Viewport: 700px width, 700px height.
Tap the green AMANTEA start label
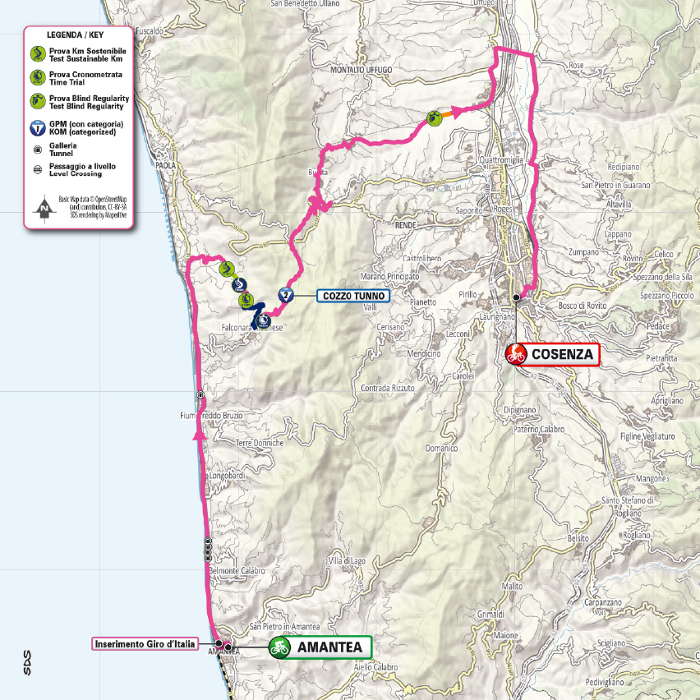click(329, 647)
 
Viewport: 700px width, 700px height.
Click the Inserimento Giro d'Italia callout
click(145, 644)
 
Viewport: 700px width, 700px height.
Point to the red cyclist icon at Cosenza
click(517, 355)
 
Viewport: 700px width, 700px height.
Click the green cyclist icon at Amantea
click(281, 647)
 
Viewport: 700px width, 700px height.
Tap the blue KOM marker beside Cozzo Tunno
click(285, 296)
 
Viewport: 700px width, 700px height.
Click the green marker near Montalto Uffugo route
click(434, 118)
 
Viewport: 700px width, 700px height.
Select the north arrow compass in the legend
click(40, 210)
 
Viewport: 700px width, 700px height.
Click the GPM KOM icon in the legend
click(37, 127)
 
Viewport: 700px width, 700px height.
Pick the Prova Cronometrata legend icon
click(37, 77)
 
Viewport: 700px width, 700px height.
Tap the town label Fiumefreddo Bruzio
click(210, 416)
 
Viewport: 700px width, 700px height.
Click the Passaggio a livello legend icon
click(37, 169)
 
